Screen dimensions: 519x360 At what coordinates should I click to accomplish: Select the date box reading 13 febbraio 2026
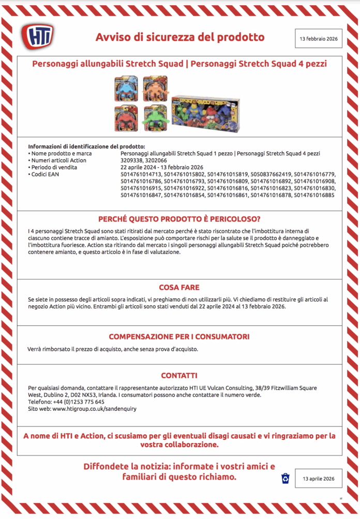point(318,39)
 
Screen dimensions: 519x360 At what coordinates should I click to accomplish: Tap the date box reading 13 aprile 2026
point(319,479)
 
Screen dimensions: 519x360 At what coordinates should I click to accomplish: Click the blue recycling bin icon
point(285,478)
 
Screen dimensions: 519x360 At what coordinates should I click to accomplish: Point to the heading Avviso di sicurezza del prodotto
point(179,37)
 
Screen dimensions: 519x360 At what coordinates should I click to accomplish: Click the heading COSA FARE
point(179,287)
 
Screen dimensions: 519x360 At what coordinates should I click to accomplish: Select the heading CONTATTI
point(179,375)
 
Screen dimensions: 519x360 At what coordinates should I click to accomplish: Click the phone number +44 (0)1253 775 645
point(74,402)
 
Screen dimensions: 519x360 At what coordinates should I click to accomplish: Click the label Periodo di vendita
point(54,167)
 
